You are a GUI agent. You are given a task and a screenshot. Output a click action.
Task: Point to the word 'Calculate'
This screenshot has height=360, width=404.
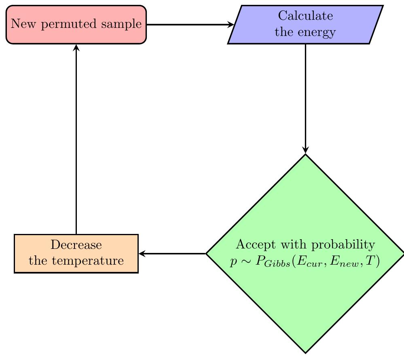coord(306,17)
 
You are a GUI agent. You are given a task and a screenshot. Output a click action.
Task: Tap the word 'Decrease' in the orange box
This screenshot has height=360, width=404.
coord(76,245)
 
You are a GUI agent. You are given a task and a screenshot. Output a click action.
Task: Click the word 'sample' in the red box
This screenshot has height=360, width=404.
coord(124,25)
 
